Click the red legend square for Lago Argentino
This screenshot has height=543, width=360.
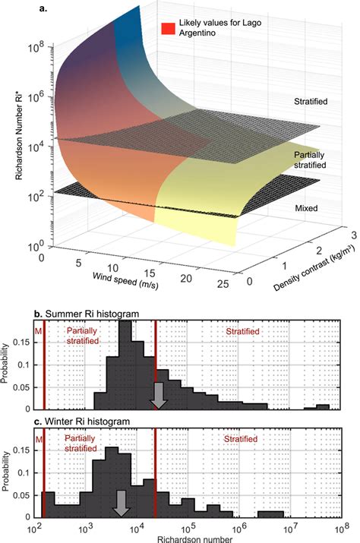[x=168, y=30]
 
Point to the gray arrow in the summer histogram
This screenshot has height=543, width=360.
[x=159, y=396]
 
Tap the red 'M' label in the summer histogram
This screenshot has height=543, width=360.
[x=38, y=331]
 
